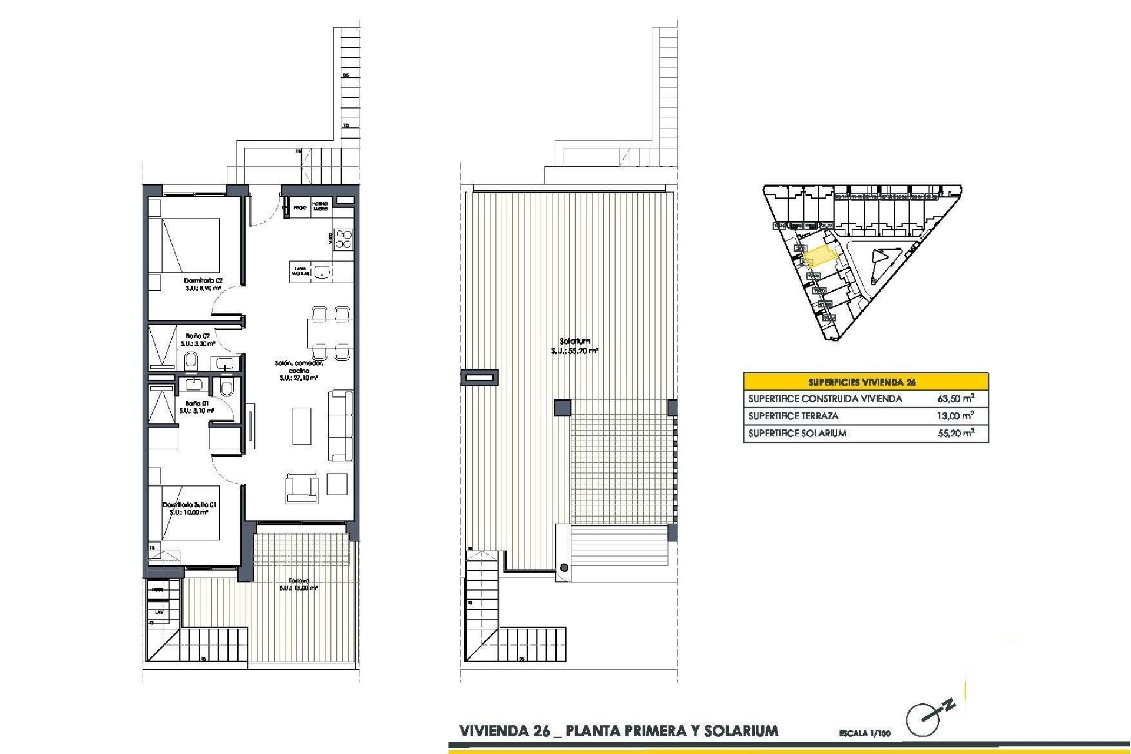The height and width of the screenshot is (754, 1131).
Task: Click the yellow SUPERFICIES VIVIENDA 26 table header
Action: (865, 382)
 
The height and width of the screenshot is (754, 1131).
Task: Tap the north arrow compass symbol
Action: (925, 717)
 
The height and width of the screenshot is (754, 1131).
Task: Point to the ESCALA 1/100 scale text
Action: (865, 734)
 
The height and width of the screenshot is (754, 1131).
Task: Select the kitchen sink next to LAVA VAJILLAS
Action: (322, 272)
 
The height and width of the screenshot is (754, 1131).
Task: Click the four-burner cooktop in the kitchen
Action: (343, 239)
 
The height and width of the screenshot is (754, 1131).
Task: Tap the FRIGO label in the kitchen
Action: (300, 208)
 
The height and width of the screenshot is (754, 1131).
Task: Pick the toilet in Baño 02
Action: (191, 361)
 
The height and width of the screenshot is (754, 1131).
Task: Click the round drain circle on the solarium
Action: (564, 568)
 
